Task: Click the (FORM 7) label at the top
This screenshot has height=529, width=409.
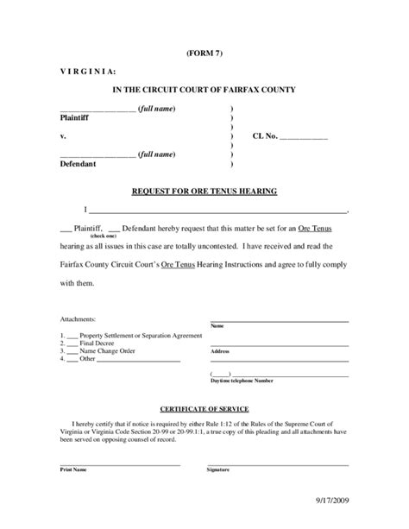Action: [x=204, y=53]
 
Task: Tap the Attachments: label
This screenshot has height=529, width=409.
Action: [x=78, y=318]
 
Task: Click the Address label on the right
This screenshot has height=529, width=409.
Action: [x=219, y=352]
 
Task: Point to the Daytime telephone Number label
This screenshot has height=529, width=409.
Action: [x=242, y=381]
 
